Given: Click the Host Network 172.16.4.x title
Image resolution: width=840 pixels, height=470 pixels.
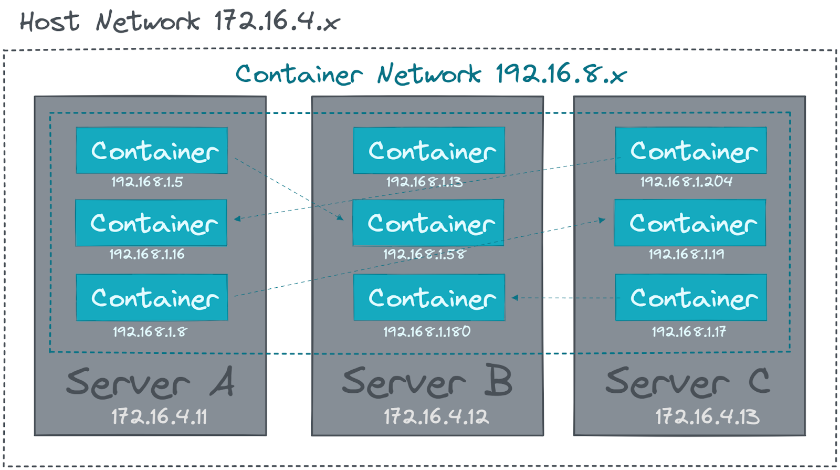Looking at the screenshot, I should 180,22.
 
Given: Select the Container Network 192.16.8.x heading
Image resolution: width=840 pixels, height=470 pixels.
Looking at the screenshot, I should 430,74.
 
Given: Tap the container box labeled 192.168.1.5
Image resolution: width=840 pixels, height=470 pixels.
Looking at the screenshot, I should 152,150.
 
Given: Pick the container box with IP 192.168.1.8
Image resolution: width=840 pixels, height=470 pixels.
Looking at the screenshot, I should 152,297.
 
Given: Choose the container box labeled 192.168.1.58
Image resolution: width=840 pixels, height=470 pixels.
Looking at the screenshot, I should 428,223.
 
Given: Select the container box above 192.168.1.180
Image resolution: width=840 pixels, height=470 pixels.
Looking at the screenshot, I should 429,297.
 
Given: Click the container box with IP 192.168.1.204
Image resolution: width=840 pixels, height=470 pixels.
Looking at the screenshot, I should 691,150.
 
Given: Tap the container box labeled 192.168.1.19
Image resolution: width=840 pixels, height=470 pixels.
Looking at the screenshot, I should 690,223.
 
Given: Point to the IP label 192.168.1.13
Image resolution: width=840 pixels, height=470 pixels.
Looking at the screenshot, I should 424,182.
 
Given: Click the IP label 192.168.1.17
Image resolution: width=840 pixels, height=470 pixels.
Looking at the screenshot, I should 689,331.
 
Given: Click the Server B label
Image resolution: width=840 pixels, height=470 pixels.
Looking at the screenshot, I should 427,382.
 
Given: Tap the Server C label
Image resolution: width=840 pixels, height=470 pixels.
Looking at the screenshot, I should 688,382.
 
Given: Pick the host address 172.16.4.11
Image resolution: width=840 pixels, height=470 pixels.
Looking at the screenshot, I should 159,417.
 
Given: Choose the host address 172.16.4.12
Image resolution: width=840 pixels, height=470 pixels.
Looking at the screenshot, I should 436,417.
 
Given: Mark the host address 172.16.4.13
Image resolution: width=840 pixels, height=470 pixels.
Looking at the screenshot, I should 707,417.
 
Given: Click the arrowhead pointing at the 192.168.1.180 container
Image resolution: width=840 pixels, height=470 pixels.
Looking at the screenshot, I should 515,298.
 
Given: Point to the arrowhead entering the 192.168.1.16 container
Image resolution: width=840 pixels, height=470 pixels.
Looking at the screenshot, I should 237,218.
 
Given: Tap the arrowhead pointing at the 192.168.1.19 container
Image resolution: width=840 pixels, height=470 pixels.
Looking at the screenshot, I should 602,220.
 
